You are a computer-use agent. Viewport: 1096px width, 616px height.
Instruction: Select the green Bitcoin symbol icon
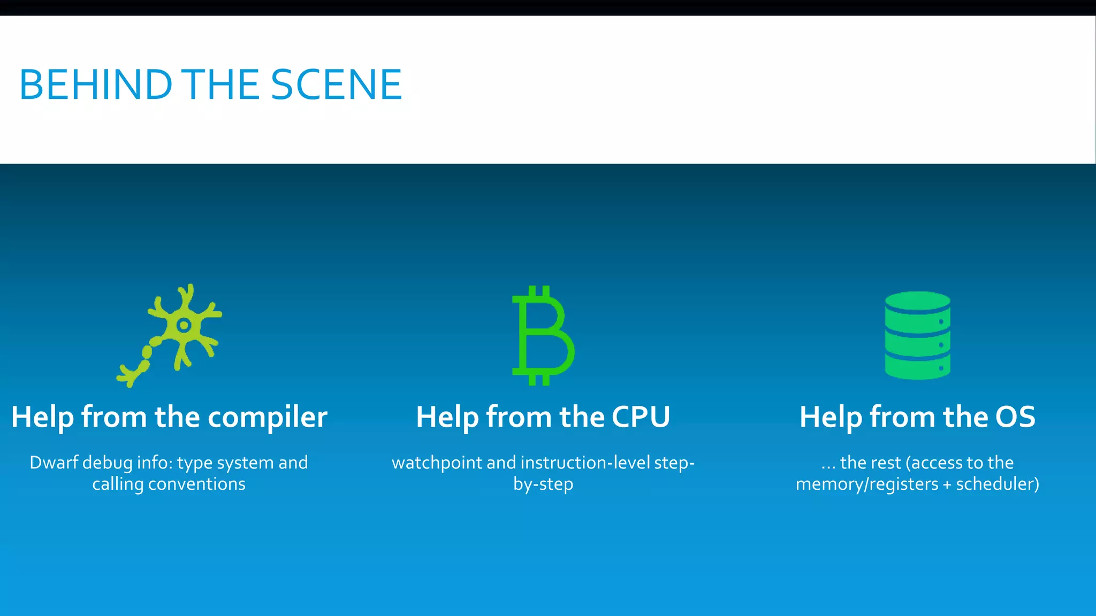click(x=543, y=335)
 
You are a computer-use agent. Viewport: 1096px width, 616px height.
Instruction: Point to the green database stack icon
click(x=917, y=335)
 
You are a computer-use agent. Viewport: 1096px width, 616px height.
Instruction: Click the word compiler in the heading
click(x=268, y=417)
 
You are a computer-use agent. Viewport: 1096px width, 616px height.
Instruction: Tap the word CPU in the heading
click(x=641, y=417)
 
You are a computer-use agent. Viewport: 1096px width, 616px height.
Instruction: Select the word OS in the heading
click(x=1015, y=417)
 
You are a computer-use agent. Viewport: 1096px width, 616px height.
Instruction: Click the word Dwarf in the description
click(x=54, y=463)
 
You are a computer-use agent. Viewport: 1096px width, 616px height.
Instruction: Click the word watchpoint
click(x=437, y=463)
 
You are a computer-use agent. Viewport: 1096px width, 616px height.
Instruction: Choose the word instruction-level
click(x=585, y=463)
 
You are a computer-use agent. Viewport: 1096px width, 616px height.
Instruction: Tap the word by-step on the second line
click(x=543, y=484)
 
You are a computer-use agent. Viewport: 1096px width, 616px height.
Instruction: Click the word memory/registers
click(x=867, y=484)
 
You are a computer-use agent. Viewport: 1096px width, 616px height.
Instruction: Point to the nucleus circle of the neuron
click(x=184, y=325)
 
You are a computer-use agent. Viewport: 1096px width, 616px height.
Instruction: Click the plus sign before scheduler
click(x=947, y=484)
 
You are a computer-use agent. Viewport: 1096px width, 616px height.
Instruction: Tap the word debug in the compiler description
click(x=108, y=463)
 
